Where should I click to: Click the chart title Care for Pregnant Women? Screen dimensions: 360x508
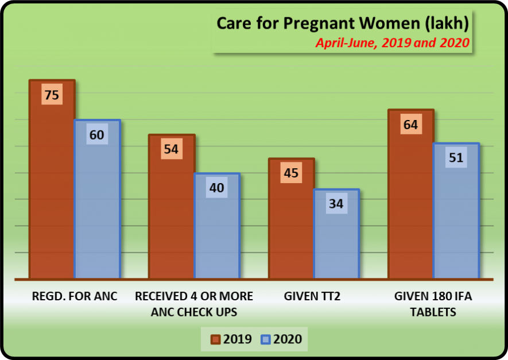(x=343, y=24)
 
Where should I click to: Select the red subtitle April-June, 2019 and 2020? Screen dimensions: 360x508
(x=393, y=42)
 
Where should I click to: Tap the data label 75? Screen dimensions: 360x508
(x=52, y=95)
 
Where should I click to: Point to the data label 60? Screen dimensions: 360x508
(x=97, y=135)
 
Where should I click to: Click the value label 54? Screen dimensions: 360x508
(x=171, y=150)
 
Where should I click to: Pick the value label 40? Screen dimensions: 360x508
(x=217, y=188)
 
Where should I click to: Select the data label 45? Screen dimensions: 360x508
(x=291, y=173)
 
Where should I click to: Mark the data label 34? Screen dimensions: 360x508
(x=336, y=204)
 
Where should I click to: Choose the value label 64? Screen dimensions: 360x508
(x=410, y=124)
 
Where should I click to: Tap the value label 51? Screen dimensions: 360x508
(x=456, y=157)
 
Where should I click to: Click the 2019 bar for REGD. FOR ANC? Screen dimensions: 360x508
(x=52, y=189)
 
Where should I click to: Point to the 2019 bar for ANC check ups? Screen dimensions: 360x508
(x=171, y=218)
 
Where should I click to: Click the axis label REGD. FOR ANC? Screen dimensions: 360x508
(x=75, y=296)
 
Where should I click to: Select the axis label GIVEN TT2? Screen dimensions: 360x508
(x=313, y=296)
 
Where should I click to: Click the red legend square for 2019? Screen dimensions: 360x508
(x=216, y=339)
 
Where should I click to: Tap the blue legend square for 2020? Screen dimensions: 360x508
(x=265, y=339)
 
